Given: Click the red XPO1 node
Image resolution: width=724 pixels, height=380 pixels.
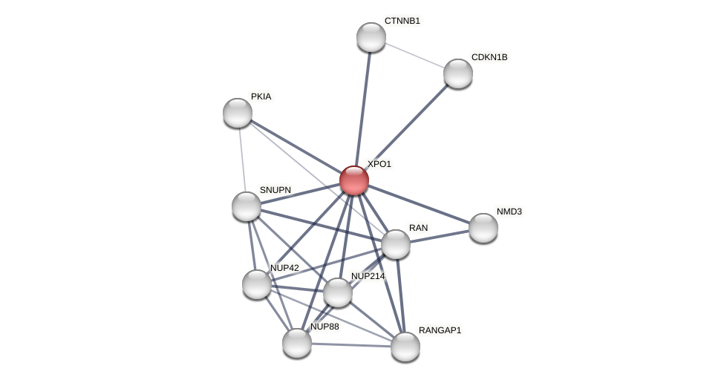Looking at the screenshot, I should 354,180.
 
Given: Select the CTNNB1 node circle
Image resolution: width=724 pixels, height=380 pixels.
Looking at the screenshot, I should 371,37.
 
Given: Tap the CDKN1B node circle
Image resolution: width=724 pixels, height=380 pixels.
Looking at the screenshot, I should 458,73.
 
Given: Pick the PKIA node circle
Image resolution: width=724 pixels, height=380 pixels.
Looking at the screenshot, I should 238,113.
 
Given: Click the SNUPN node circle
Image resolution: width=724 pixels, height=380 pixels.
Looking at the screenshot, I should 247,206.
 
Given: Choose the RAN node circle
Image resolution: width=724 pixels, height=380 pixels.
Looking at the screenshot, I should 396,244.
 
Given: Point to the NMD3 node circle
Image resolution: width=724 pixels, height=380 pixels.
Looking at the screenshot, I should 483,228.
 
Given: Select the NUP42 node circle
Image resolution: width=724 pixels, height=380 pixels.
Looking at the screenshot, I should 257,284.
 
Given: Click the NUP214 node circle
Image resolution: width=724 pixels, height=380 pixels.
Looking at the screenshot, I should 338,292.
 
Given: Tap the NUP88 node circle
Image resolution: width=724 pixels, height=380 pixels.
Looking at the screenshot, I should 297,343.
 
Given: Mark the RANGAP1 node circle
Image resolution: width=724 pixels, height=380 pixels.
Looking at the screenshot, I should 405,347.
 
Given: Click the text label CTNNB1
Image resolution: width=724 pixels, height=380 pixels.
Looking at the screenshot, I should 402,21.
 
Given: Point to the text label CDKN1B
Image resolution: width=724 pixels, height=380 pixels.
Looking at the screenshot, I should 489,57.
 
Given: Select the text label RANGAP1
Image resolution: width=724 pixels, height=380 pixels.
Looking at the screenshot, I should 440,330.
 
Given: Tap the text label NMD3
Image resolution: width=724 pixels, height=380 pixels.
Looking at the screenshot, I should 509,212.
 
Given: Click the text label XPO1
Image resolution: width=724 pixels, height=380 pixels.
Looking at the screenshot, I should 379,164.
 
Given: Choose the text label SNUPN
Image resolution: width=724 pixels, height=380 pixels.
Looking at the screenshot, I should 275,190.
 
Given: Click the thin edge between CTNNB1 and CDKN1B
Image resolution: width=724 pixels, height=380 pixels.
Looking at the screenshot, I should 414,55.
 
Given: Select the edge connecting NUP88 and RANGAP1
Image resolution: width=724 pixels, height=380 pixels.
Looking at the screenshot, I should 351,345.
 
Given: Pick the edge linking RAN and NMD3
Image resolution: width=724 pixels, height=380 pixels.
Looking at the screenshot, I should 440,236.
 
